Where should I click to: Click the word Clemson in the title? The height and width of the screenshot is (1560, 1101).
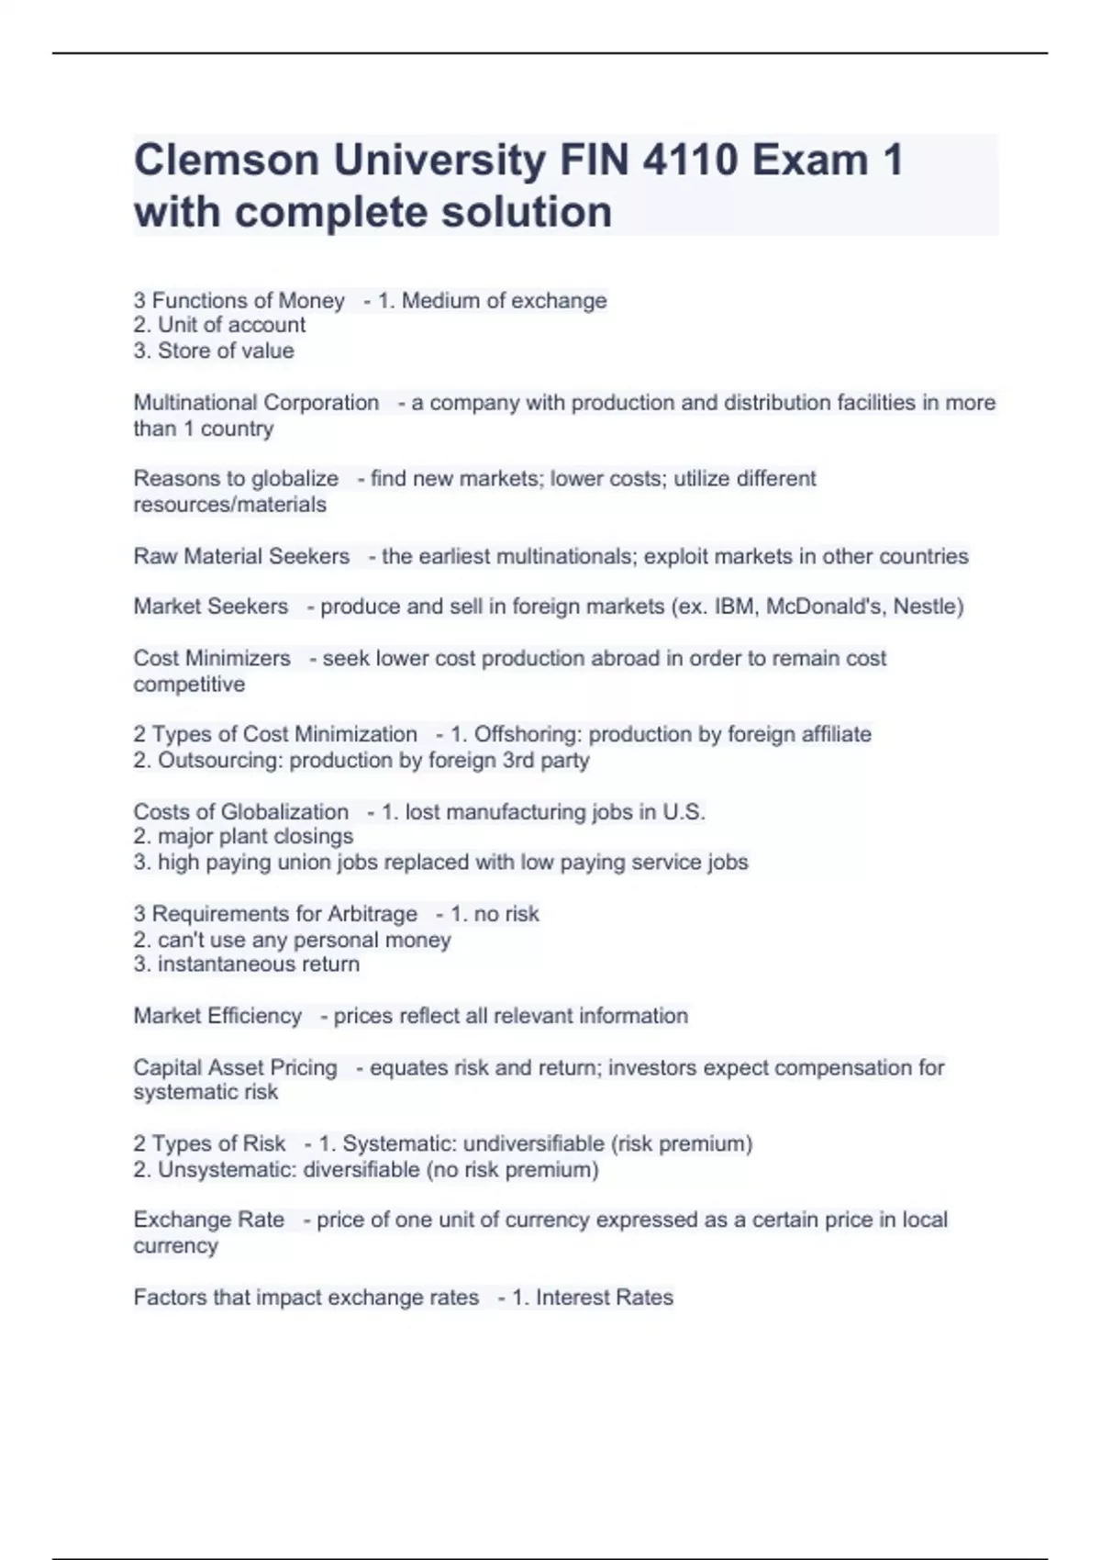tap(226, 160)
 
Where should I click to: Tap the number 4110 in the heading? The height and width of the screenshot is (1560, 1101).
tap(689, 160)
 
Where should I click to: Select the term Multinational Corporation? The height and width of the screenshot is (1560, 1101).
tap(256, 403)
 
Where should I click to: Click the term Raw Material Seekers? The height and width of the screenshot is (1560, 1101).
tap(241, 556)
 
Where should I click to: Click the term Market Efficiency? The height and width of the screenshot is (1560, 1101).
tap(217, 1016)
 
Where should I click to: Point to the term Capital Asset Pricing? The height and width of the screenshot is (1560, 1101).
tap(235, 1067)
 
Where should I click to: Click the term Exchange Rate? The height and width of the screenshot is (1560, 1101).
tap(208, 1220)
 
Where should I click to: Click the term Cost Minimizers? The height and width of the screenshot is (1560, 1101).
tap(212, 658)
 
